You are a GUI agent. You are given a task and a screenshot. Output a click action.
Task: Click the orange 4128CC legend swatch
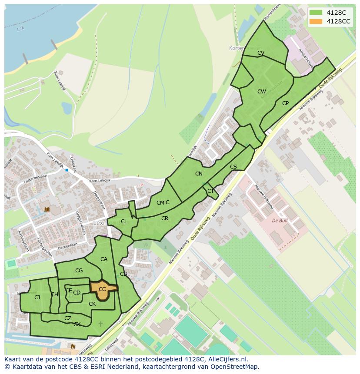click(316, 21)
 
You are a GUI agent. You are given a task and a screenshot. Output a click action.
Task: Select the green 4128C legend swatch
click(316, 13)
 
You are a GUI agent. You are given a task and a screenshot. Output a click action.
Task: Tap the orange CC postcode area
click(103, 290)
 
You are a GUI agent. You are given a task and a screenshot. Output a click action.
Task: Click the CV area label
click(261, 53)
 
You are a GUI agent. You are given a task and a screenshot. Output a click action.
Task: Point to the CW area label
click(261, 92)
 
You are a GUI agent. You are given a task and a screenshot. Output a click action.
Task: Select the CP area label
click(285, 103)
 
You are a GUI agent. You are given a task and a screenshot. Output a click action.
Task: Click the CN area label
click(199, 174)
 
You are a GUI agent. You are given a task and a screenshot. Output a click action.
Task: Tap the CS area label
click(233, 167)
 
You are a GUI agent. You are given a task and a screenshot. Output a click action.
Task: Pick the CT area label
click(210, 191)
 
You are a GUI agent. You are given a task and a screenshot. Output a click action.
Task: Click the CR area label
click(165, 218)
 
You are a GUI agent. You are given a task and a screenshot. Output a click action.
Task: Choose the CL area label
click(124, 222)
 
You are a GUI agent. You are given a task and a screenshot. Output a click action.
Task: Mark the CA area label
click(104, 259)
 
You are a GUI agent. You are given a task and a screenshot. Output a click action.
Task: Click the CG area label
click(79, 271)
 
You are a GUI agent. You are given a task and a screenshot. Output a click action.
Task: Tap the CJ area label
click(37, 298)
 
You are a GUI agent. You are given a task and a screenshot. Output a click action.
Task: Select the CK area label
click(92, 304)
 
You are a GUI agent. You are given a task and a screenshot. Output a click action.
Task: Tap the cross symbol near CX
click(101, 324)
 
